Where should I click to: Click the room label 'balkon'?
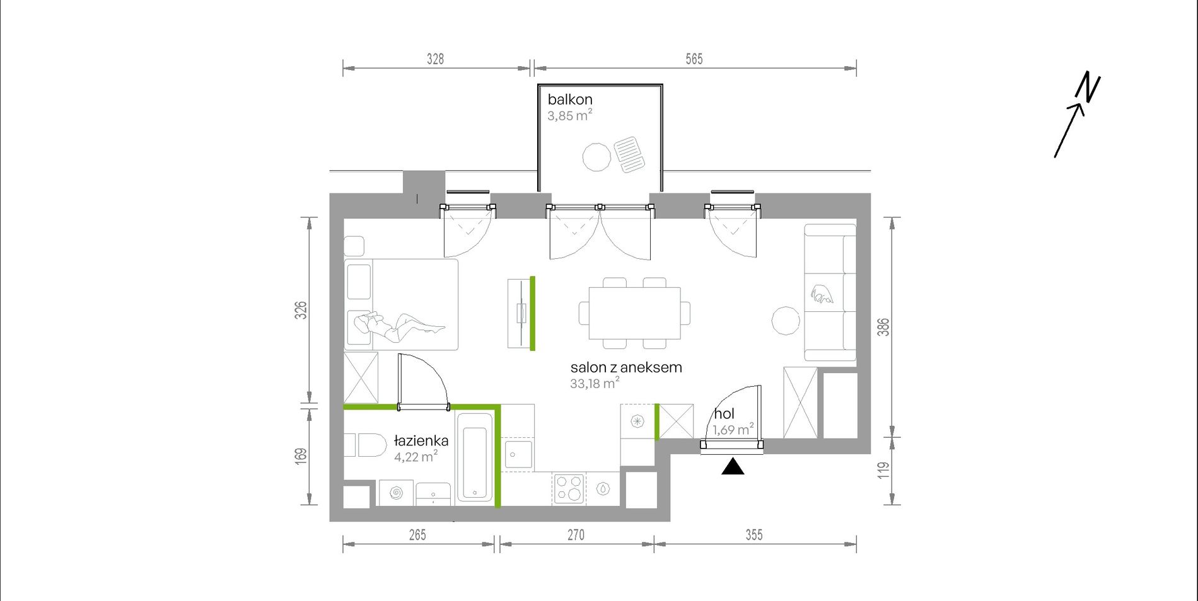click(x=570, y=100)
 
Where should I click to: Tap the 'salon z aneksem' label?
click(x=626, y=367)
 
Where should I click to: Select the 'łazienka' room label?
click(x=421, y=440)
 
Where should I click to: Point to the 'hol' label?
click(x=724, y=414)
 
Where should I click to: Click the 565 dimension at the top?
click(x=694, y=59)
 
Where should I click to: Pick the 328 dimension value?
click(x=435, y=59)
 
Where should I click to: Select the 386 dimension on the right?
click(x=884, y=327)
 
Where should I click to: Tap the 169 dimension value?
click(x=301, y=457)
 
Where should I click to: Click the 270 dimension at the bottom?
click(x=576, y=535)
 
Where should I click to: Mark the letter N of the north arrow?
click(x=1088, y=87)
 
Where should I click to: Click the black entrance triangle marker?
click(x=732, y=466)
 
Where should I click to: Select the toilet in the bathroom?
click(x=365, y=445)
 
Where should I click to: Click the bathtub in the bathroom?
click(x=474, y=457)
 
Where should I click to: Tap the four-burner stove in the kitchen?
click(x=569, y=488)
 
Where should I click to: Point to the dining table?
click(x=635, y=313)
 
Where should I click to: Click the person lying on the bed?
click(x=399, y=325)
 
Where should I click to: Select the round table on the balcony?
click(x=596, y=157)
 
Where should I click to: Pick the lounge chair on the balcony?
click(x=630, y=154)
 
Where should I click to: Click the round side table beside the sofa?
click(x=786, y=321)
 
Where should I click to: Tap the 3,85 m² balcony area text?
click(x=570, y=115)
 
